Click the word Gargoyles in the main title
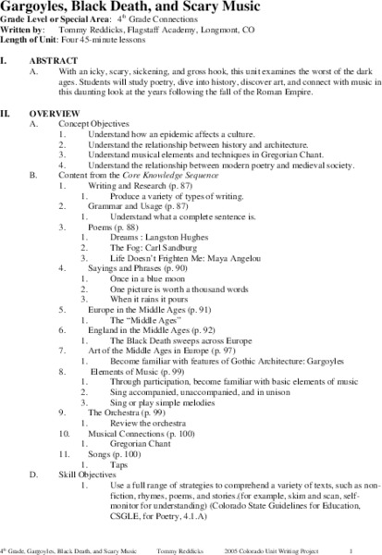(34, 6)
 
